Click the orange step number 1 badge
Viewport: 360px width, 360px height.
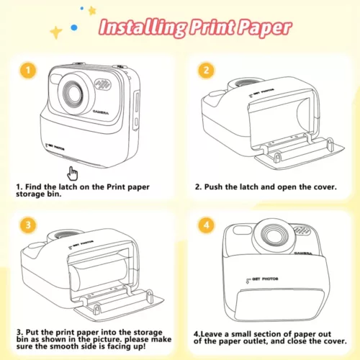click(x=28, y=71)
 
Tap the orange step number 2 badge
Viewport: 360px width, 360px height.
click(x=206, y=71)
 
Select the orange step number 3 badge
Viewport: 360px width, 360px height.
click(x=28, y=225)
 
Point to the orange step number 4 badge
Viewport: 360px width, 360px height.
click(x=206, y=225)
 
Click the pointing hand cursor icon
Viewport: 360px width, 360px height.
click(x=73, y=174)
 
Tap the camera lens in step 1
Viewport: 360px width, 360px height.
click(x=73, y=92)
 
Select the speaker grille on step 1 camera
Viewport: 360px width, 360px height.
click(x=104, y=84)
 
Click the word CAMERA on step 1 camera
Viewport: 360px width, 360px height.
click(x=101, y=112)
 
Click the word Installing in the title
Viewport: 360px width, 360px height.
click(x=143, y=27)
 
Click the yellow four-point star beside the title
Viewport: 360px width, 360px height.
click(x=56, y=32)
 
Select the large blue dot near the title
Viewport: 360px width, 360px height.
click(x=74, y=27)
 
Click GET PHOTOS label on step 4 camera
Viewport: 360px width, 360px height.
click(x=262, y=279)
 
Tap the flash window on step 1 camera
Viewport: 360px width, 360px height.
click(x=55, y=79)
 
